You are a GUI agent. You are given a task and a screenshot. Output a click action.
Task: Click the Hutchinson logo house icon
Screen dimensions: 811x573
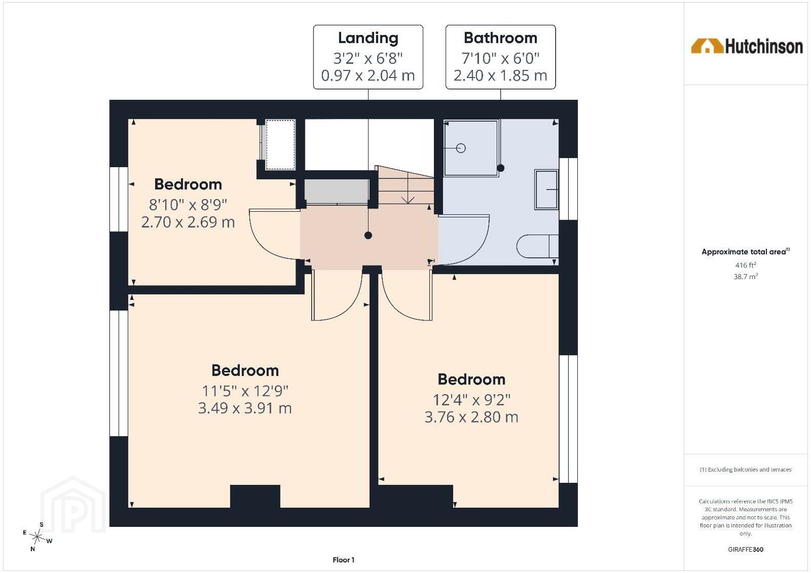point(707,46)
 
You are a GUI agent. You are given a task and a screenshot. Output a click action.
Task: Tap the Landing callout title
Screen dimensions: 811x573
point(368,38)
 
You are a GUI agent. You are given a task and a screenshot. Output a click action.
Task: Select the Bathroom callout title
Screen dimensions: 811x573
point(500,38)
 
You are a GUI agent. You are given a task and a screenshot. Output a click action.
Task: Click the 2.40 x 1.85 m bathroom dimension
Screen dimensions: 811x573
point(500,75)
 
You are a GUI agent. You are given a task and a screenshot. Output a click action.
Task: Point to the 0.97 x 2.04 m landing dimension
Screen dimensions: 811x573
point(368,75)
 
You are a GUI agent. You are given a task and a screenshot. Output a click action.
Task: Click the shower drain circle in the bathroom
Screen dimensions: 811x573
point(460,148)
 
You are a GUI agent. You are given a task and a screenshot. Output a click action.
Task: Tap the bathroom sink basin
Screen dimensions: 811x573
point(547,189)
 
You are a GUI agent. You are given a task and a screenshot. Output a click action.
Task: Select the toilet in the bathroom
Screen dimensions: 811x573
point(537,246)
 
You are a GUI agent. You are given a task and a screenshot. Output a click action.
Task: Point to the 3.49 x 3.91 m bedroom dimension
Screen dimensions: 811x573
point(245,409)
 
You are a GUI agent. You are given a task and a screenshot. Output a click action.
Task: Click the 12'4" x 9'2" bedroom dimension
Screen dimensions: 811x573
point(472,400)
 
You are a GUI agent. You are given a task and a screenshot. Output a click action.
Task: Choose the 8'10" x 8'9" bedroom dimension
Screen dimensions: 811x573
point(188,205)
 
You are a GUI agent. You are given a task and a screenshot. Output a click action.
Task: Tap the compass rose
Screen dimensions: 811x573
point(37,536)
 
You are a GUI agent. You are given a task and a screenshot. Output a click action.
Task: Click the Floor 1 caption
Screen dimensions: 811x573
point(343,560)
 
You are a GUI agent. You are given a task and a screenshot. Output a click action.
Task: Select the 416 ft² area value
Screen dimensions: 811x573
point(746,265)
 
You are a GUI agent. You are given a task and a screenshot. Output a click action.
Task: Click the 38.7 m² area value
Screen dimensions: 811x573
point(746,276)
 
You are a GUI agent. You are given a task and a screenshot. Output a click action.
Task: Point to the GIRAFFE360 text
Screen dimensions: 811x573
point(746,550)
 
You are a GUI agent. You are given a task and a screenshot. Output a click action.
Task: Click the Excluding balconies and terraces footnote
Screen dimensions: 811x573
point(746,470)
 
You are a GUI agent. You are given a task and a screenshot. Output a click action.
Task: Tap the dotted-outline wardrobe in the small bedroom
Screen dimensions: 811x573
point(280,144)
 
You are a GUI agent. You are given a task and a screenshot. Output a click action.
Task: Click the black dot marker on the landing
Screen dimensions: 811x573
point(368,236)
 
